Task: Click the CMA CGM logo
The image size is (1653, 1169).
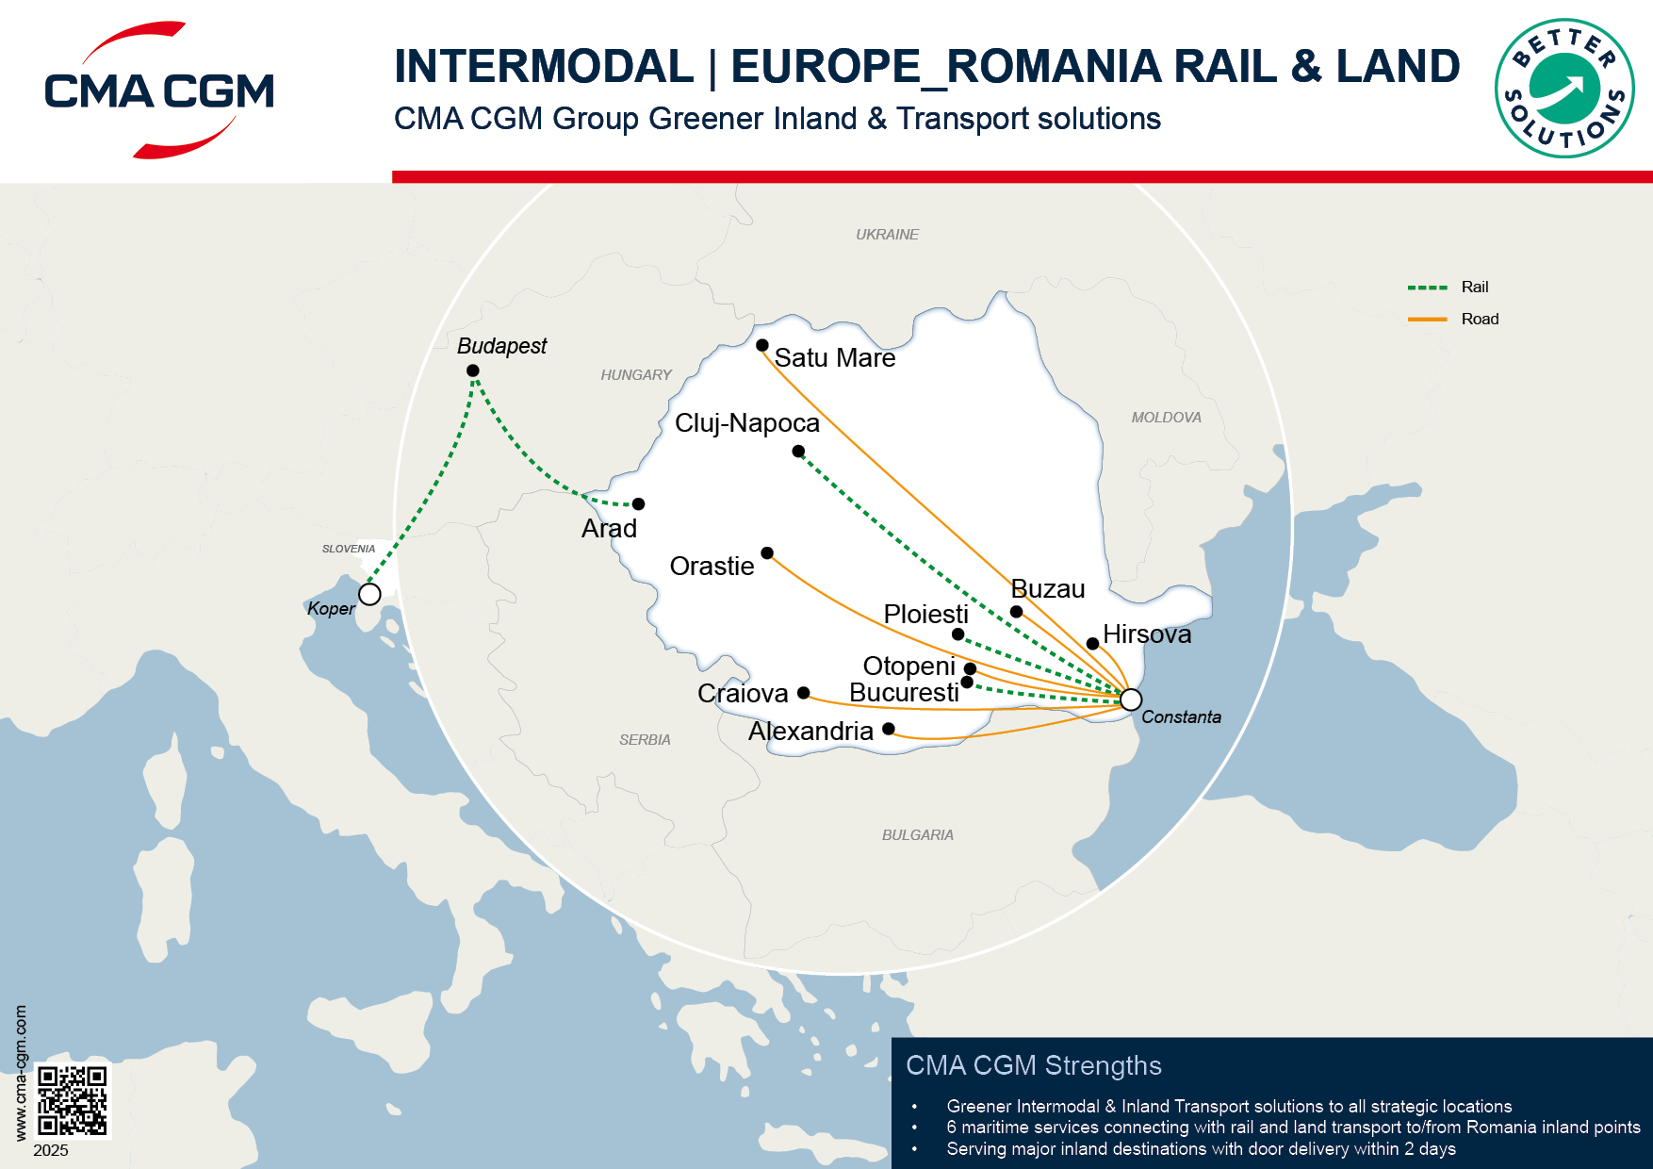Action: pyautogui.click(x=158, y=91)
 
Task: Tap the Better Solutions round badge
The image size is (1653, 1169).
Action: pyautogui.click(x=1564, y=89)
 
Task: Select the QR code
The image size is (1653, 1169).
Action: pyautogui.click(x=73, y=1100)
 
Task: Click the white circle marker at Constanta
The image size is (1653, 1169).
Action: pyautogui.click(x=1131, y=700)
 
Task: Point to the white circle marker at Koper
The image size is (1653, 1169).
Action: pyautogui.click(x=369, y=594)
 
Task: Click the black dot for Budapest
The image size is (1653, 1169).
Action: pyautogui.click(x=473, y=370)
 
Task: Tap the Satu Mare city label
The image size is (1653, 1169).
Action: pyautogui.click(x=834, y=358)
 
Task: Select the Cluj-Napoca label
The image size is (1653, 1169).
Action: pyautogui.click(x=746, y=422)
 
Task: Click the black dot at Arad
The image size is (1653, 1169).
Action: pyautogui.click(x=638, y=504)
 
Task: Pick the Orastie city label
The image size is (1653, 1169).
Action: pyautogui.click(x=712, y=566)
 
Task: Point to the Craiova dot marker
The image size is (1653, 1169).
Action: pyautogui.click(x=803, y=693)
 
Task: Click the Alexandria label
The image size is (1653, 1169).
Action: pyautogui.click(x=810, y=731)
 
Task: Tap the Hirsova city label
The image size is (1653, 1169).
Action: pyautogui.click(x=1147, y=634)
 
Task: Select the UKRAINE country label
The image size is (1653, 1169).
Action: pyautogui.click(x=887, y=234)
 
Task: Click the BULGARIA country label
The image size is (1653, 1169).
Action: pyautogui.click(x=917, y=834)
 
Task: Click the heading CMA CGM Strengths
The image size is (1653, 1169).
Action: pyautogui.click(x=1033, y=1065)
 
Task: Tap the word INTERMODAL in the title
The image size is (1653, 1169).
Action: pyautogui.click(x=544, y=66)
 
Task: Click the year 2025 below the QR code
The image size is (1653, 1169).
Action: pyautogui.click(x=51, y=1150)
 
